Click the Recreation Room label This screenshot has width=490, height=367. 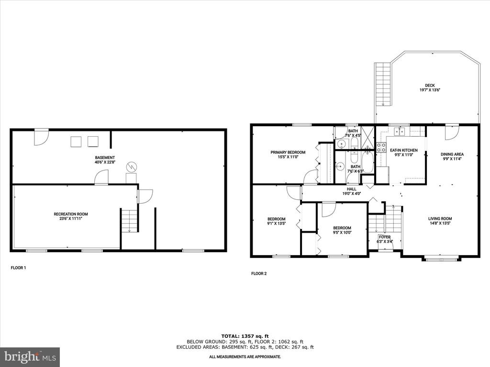click(71, 214)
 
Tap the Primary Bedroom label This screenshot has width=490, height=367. click(288, 152)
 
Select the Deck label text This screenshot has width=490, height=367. click(430, 86)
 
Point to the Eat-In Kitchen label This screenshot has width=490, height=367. click(403, 150)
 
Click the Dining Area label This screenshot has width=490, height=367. click(452, 154)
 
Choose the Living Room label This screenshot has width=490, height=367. click(440, 219)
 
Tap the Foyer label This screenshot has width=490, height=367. click(385, 237)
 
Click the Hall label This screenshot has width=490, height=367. click(352, 189)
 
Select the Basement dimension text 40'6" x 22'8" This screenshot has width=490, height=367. click(105, 162)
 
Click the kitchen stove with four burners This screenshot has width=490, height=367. click(381, 147)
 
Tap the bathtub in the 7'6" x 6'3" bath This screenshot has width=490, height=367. click(367, 162)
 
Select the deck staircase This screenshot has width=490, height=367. click(383, 84)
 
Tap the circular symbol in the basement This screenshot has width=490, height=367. click(131, 167)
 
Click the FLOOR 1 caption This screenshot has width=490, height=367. click(19, 268)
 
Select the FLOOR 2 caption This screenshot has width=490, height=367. click(259, 274)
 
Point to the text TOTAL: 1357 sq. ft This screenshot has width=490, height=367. click(245, 336)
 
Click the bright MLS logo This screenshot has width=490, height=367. click(30, 357)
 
